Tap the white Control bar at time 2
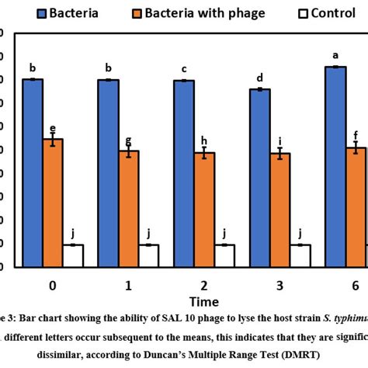[x=224, y=255]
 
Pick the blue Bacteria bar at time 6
[x=335, y=166]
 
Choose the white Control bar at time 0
[x=74, y=255]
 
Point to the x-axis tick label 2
[x=203, y=286]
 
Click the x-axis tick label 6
[x=354, y=286]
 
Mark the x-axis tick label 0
[x=52, y=286]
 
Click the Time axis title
[x=203, y=301]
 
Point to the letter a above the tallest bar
[x=335, y=55]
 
